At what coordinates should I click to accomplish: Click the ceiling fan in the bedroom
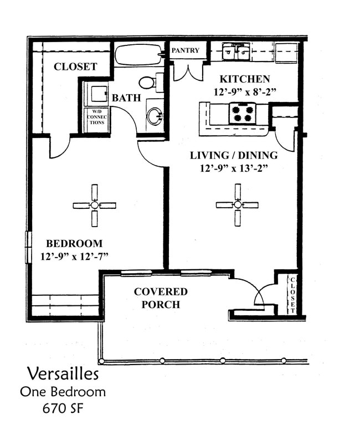[x=94, y=205]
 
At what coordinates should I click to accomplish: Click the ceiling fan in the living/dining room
[x=238, y=205]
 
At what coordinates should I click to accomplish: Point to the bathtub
[x=138, y=55]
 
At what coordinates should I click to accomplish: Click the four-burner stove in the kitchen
[x=243, y=113]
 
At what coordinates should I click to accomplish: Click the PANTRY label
[x=186, y=50]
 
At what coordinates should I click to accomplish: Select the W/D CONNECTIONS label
[x=96, y=119]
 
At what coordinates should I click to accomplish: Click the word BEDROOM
[x=74, y=243]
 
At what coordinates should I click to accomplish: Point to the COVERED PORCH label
[x=161, y=298]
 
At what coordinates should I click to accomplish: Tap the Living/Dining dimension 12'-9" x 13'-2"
[x=234, y=168]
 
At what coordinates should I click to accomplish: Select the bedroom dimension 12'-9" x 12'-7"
[x=74, y=256]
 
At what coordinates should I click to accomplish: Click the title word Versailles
[x=63, y=373]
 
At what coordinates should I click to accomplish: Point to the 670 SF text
[x=63, y=409]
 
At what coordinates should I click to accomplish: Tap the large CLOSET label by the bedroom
[x=75, y=66]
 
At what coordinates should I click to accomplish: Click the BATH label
[x=126, y=98]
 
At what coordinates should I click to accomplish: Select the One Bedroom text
[x=63, y=392]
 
